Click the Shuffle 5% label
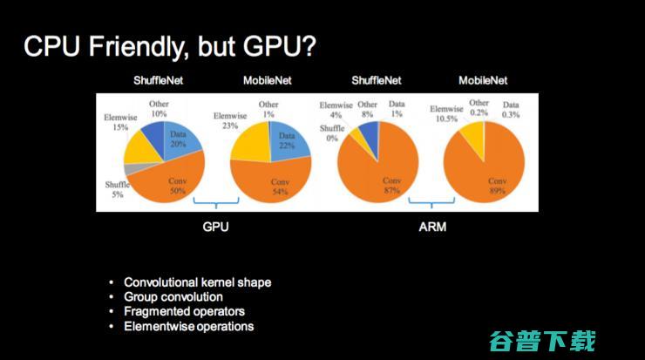tap(116, 190)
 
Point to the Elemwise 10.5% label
tap(447, 113)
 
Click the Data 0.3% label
tap(511, 109)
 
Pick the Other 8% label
tap(368, 109)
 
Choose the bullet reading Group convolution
tap(173, 296)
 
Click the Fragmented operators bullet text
tap(184, 311)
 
